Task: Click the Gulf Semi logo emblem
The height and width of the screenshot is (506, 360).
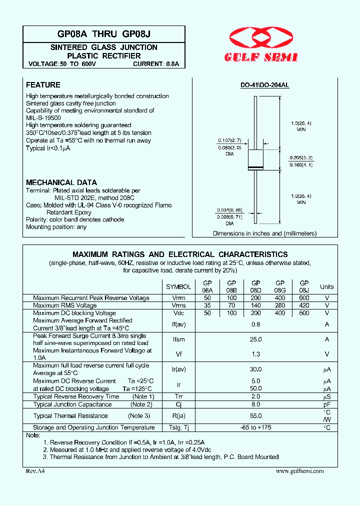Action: click(x=263, y=38)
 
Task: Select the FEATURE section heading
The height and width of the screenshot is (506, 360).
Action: click(x=43, y=85)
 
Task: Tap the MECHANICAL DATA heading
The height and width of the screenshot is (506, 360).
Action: click(x=61, y=182)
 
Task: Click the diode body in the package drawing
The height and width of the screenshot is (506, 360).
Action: click(x=256, y=159)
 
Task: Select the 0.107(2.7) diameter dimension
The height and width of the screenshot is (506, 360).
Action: click(x=229, y=140)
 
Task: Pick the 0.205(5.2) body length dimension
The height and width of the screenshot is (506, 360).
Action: click(x=301, y=157)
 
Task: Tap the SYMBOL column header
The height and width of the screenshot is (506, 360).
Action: click(x=178, y=287)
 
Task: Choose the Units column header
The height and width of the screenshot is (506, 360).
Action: click(x=327, y=287)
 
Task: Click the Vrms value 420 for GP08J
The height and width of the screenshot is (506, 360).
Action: click(x=304, y=305)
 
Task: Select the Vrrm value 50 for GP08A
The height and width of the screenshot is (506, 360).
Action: click(x=207, y=298)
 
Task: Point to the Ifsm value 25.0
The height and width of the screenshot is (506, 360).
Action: click(x=256, y=339)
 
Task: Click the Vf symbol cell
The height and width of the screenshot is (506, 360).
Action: click(x=178, y=354)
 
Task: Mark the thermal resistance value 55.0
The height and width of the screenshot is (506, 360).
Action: click(x=256, y=416)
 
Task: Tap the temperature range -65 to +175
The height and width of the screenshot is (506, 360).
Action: click(x=256, y=427)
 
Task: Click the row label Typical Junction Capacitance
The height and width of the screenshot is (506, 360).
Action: click(x=72, y=404)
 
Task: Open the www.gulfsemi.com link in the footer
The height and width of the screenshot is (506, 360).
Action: click(x=299, y=471)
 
